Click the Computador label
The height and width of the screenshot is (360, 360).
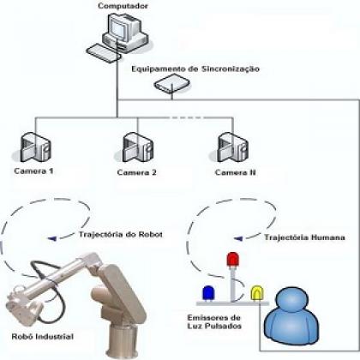(123, 6)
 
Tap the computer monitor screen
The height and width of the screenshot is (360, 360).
(118, 27)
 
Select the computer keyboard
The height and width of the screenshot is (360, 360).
(104, 53)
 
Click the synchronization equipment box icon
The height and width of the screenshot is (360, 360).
(172, 83)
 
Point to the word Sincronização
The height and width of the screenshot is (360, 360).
(231, 69)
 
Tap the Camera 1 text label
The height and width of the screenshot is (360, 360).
(33, 171)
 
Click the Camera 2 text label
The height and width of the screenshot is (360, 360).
(137, 172)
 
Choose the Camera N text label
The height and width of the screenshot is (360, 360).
(236, 172)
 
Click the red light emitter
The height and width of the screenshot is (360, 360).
(233, 260)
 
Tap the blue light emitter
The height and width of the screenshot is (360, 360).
(208, 293)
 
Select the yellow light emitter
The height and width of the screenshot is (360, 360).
(257, 293)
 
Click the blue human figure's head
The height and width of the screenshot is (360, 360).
(293, 299)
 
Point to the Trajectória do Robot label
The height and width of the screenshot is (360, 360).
(121, 235)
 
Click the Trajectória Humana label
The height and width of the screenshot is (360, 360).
(304, 237)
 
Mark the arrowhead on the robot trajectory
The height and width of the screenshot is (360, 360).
(52, 238)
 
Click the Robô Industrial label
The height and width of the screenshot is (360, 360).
(43, 337)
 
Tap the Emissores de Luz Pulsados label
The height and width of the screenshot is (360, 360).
(214, 321)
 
